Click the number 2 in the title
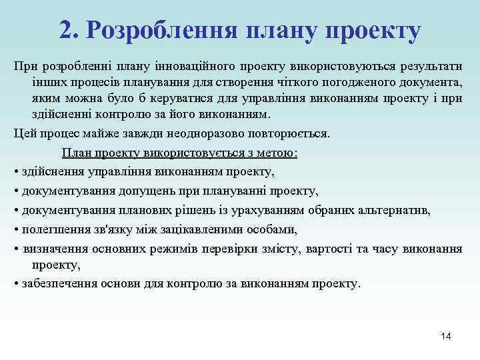pyautogui.click(x=65, y=29)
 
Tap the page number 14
pyautogui.click(x=446, y=336)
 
